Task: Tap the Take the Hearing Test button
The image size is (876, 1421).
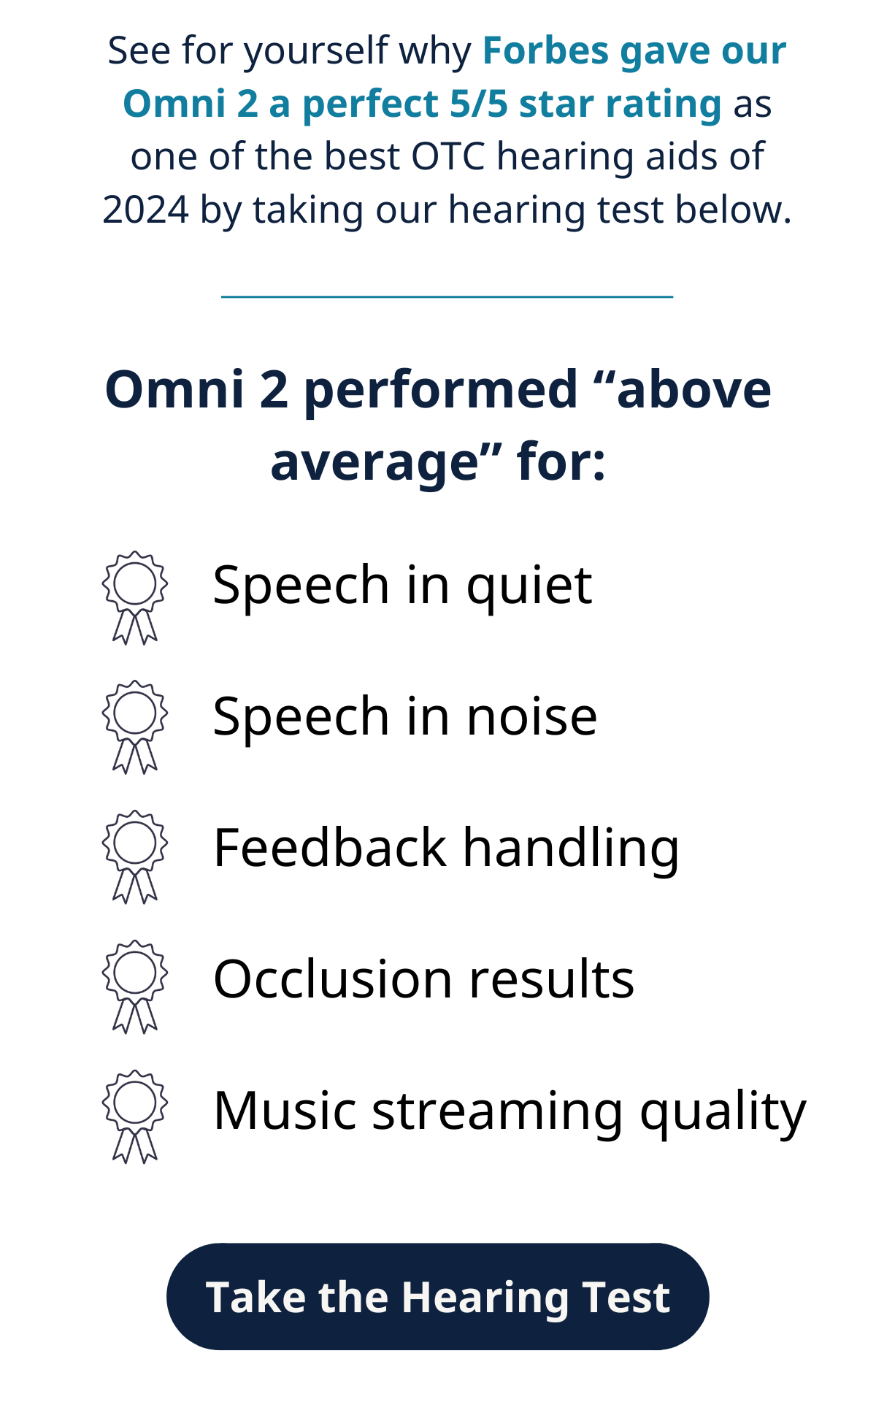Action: (x=438, y=1296)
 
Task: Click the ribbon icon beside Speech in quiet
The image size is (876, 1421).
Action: (x=135, y=597)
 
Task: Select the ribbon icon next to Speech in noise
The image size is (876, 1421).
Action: (x=135, y=727)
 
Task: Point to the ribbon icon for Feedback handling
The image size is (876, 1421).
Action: (x=135, y=857)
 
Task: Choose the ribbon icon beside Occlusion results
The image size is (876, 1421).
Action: (x=135, y=987)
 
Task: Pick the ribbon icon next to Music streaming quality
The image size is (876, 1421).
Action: (x=135, y=1116)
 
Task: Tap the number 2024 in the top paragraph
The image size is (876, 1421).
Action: (x=146, y=210)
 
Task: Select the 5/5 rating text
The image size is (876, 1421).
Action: (x=478, y=104)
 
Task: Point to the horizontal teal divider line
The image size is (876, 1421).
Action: (x=447, y=296)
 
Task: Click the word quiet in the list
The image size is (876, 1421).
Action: (x=529, y=586)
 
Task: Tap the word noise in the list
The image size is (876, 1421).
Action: (x=532, y=717)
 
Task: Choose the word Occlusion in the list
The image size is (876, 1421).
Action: (x=333, y=978)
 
